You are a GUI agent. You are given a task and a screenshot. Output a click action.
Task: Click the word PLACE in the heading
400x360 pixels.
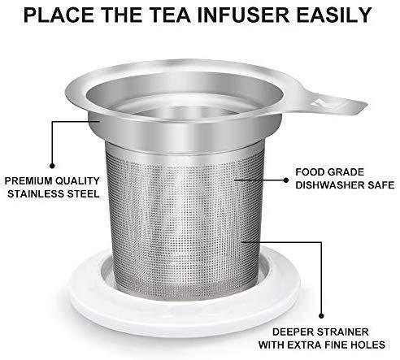click(59, 15)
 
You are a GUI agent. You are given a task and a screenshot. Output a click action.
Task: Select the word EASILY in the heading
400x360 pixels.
click(334, 15)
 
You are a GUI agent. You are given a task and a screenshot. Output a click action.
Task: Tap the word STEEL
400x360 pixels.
click(83, 194)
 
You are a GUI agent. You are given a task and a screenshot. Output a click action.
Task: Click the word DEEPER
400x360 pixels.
click(293, 332)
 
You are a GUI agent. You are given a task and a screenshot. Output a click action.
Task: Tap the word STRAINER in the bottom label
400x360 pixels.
click(343, 332)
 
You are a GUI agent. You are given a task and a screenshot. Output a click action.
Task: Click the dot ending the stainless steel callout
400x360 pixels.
click(52, 166)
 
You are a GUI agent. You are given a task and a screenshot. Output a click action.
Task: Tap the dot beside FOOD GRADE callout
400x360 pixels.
click(286, 180)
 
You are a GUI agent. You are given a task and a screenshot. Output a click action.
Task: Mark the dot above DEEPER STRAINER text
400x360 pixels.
click(321, 316)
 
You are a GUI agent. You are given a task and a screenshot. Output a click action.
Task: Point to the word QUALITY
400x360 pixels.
click(79, 181)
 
